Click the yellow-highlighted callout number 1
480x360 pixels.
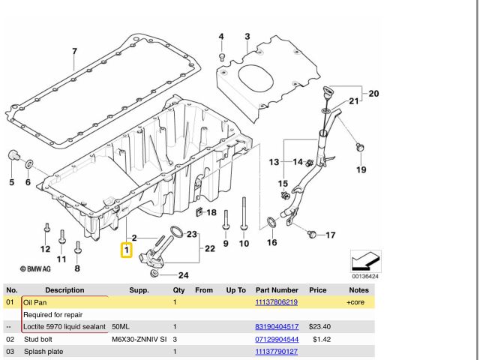(127, 250)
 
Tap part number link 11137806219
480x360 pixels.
(277, 302)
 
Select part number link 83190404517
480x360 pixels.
(277, 327)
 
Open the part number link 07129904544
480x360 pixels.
(277, 339)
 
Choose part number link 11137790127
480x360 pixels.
(277, 351)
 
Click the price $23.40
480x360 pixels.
(320, 327)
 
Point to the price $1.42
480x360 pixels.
(322, 339)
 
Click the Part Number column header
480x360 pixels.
(276, 289)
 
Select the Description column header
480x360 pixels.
(64, 289)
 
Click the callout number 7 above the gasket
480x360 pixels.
(74, 52)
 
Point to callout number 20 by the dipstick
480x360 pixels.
(373, 94)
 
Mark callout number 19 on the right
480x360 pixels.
(361, 169)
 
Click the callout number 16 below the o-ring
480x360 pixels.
(271, 242)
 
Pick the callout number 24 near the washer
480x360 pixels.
(183, 275)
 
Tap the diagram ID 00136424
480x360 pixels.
(366, 276)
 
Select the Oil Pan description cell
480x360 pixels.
(35, 302)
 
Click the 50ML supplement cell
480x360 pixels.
(120, 327)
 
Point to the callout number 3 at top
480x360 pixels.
(247, 37)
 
